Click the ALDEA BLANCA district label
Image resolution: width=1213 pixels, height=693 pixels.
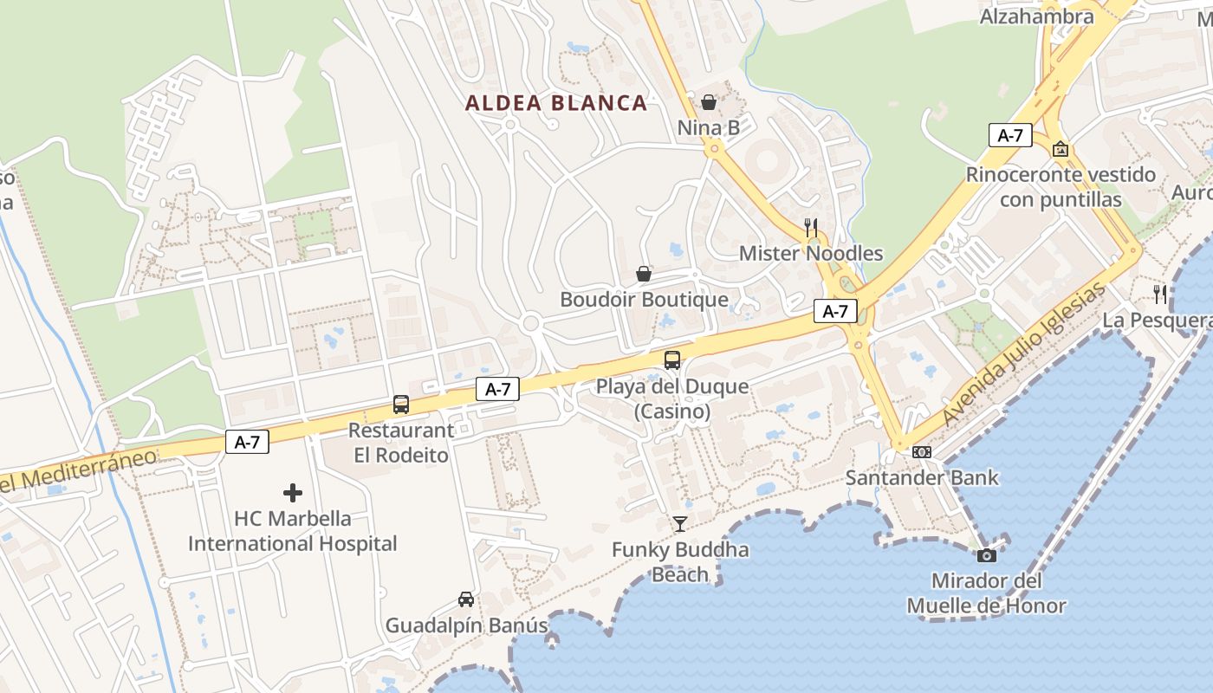556,103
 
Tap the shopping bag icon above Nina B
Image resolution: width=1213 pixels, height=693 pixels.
709,102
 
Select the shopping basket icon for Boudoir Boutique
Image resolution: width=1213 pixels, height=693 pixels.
644,274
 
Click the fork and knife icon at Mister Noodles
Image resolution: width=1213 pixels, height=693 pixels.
811,228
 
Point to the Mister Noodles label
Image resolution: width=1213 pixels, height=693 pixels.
811,254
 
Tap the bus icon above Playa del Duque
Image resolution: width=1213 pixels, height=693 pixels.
672,360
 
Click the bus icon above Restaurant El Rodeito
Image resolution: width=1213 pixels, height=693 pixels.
401,405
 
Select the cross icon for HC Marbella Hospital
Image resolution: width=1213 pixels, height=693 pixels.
293,493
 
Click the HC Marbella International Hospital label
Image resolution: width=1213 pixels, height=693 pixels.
293,531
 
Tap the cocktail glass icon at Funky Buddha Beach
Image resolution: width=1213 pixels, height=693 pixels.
680,524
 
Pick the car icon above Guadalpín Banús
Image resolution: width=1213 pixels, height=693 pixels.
466,599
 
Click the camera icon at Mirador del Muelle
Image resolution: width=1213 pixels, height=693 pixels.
986,555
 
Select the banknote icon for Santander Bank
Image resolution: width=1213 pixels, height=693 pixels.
922,451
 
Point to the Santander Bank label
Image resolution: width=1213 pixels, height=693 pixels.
922,477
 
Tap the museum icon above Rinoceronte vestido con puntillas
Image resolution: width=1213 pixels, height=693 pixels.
1061,150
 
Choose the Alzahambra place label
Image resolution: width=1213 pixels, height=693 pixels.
1036,16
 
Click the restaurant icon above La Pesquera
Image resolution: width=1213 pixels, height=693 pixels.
1160,295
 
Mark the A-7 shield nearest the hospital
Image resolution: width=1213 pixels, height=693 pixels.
247,443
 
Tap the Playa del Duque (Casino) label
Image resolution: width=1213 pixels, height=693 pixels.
672,398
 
